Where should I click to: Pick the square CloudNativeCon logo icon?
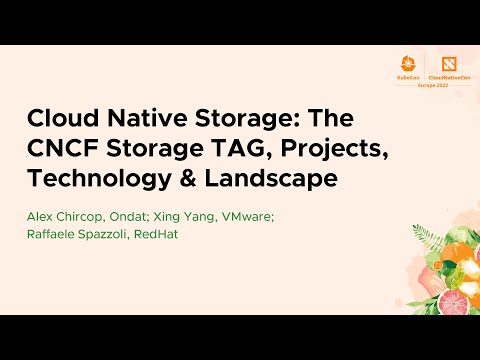(x=448, y=63)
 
